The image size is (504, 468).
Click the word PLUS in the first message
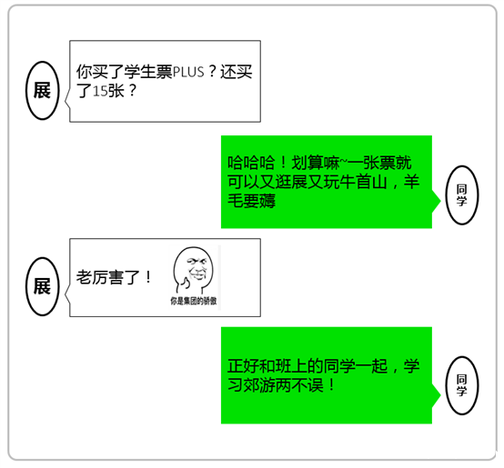188,72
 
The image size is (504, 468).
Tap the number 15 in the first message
100,92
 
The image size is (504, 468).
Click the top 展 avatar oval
43,91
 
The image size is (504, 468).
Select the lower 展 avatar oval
43,286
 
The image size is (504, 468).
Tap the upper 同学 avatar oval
461,194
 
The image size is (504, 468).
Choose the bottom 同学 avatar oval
461,385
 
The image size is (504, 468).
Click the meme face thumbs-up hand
185,284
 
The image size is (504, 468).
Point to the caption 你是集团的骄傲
194,301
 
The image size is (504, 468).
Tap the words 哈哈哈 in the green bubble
251,163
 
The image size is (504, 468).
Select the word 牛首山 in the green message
363,183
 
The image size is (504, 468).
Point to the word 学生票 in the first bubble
148,72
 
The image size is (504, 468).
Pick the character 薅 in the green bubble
267,202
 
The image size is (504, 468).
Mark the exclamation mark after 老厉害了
148,277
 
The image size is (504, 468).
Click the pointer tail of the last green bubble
436,395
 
